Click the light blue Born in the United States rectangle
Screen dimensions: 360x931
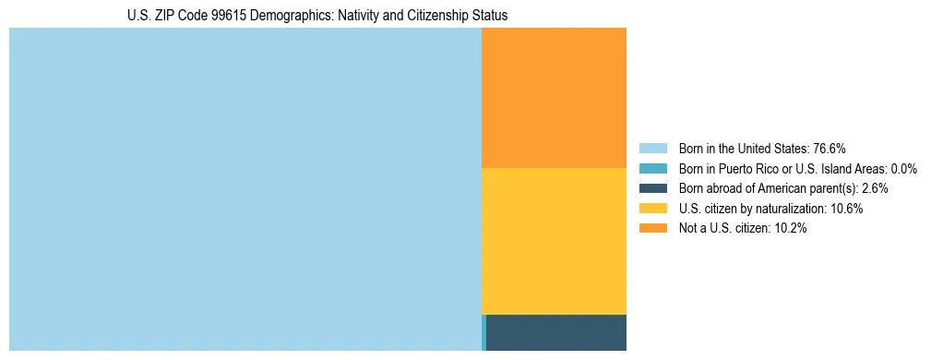point(245,189)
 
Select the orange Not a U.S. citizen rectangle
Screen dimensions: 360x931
point(554,97)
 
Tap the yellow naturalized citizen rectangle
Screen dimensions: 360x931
point(554,241)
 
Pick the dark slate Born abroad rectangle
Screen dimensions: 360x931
point(556,332)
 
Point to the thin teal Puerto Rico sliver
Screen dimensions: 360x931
point(483,332)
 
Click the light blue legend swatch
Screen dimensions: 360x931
point(652,149)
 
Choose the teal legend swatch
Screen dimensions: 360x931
point(652,169)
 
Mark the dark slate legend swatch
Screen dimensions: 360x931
point(652,188)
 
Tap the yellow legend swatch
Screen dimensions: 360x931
point(652,209)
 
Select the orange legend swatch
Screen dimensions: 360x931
point(652,229)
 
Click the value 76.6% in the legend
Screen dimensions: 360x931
point(830,149)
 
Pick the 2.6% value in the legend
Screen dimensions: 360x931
point(875,188)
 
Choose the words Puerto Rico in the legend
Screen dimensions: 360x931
point(746,169)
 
